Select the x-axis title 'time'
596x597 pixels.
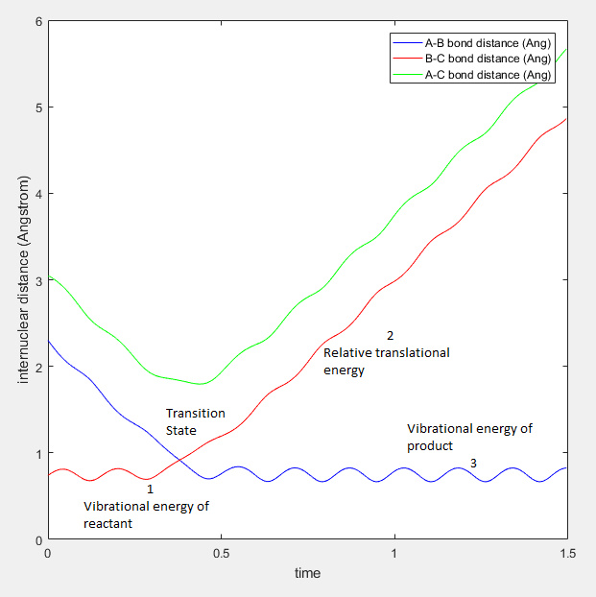(307, 573)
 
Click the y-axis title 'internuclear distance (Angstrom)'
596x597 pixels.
(22, 280)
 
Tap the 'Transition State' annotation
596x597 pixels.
(196, 421)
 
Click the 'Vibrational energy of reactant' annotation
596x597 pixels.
(145, 514)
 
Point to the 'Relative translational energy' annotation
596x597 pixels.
(386, 361)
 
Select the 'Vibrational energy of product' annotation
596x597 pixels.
(469, 437)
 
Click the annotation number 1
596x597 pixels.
(150, 489)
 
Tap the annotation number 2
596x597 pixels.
(391, 336)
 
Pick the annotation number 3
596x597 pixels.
(473, 464)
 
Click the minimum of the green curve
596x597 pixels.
(200, 384)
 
